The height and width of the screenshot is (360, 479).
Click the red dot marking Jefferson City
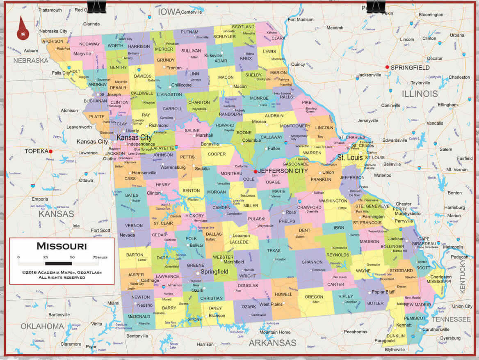255,171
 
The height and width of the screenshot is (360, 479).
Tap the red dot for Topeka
51,151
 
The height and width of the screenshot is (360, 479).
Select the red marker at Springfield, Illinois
387,67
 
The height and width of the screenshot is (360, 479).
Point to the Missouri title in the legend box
62,246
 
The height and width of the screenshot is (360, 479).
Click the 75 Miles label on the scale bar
100,257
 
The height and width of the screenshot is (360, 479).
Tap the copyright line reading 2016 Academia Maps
62,272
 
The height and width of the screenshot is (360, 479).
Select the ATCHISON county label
52,41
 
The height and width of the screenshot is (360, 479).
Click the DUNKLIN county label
396,335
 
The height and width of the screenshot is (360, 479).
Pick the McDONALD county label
139,316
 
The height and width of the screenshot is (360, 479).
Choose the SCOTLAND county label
243,27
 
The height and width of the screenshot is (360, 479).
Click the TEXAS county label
274,250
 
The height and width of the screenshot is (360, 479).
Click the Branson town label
217,316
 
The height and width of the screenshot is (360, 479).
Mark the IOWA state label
169,11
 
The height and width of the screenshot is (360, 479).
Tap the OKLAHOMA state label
42,326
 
